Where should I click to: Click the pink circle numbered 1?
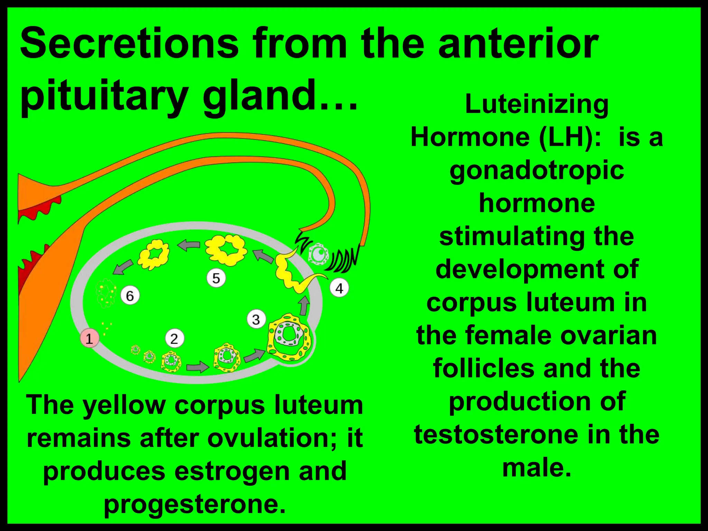[90, 338]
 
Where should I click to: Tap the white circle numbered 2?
[174, 338]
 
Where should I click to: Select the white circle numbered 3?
[256, 319]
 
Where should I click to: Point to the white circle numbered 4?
[339, 288]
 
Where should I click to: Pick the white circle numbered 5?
[216, 278]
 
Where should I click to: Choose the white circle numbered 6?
[130, 296]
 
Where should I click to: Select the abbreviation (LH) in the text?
[570, 137]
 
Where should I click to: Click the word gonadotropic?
[537, 170]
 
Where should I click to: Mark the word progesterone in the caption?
[195, 504]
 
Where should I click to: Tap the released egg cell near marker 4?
[319, 254]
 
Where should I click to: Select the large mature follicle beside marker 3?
[289, 337]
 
